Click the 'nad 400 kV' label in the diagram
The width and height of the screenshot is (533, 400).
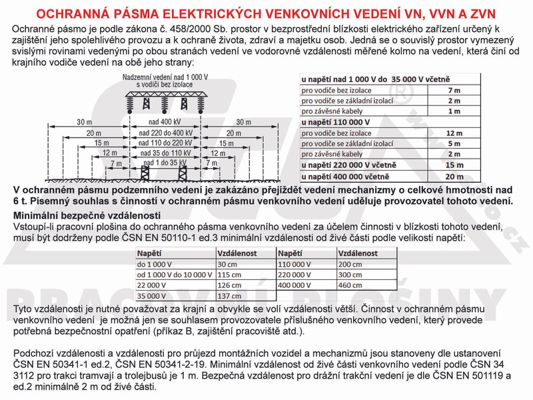pos(161,122)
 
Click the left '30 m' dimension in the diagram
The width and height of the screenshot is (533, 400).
pos(85,122)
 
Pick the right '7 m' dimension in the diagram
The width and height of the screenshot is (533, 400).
pos(213,163)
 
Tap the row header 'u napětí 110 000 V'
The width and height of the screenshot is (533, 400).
pos(335,122)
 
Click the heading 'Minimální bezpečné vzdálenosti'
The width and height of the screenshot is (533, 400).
pos(87,215)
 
